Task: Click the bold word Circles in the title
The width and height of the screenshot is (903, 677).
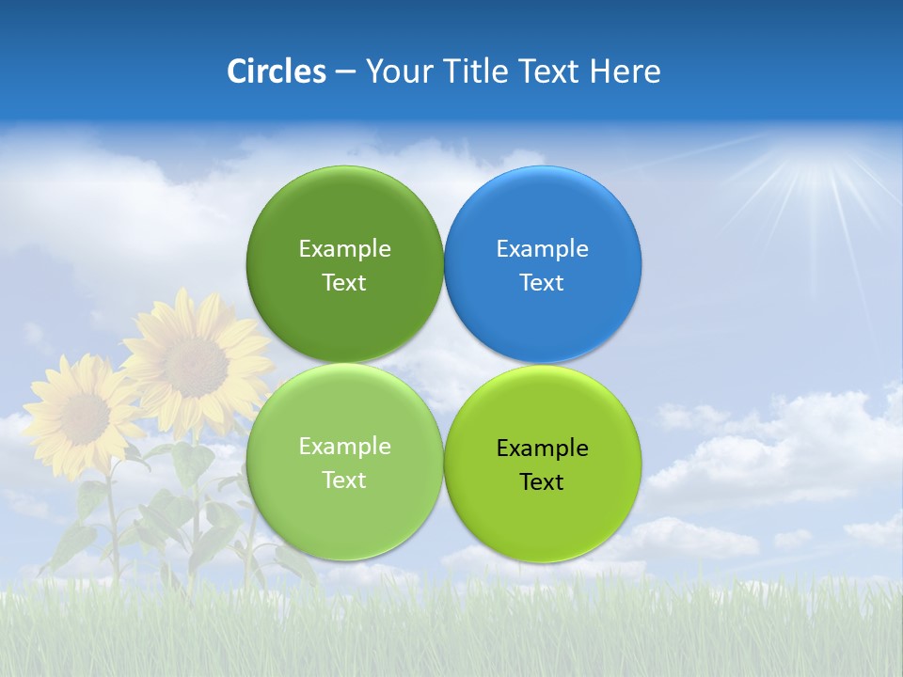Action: point(277,71)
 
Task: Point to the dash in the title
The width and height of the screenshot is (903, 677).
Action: point(344,72)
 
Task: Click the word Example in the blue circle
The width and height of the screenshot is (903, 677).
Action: point(542,249)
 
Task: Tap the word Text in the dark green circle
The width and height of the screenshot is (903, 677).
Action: point(344,283)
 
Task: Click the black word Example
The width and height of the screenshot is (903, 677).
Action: point(542,449)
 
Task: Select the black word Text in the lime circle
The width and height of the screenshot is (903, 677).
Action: point(542,482)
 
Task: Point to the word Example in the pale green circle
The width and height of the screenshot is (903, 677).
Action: point(344,447)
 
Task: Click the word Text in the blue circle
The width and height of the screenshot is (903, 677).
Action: point(542,283)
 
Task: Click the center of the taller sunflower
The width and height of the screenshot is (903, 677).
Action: point(196,367)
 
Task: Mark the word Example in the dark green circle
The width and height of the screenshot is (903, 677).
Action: point(344,249)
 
